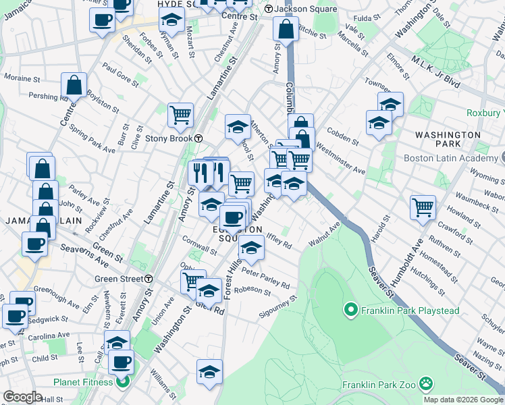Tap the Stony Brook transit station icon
199,138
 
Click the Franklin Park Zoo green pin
426,385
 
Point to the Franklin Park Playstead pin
350,310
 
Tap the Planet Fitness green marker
122,383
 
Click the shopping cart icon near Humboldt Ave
423,208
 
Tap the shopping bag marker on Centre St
74,86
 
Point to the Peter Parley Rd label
265,279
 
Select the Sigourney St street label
277,307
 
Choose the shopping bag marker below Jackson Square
286,29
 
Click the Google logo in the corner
22,397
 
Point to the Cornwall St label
199,245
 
